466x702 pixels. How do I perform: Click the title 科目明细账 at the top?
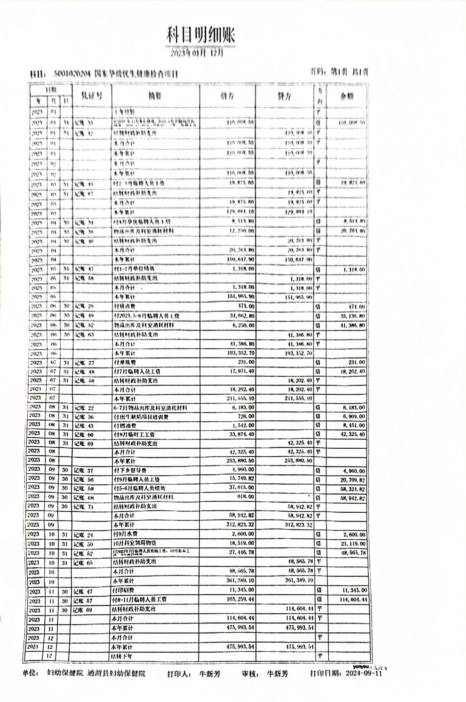200,36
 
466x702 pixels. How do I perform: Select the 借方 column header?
227,96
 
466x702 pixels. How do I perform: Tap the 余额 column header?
347,96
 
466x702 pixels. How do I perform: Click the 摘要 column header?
155,96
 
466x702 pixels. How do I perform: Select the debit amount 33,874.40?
242,434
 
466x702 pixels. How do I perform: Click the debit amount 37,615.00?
242,487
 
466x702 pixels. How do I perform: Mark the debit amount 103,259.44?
240,599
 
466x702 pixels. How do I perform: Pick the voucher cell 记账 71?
83,506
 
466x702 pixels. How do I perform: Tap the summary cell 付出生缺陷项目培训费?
141,417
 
